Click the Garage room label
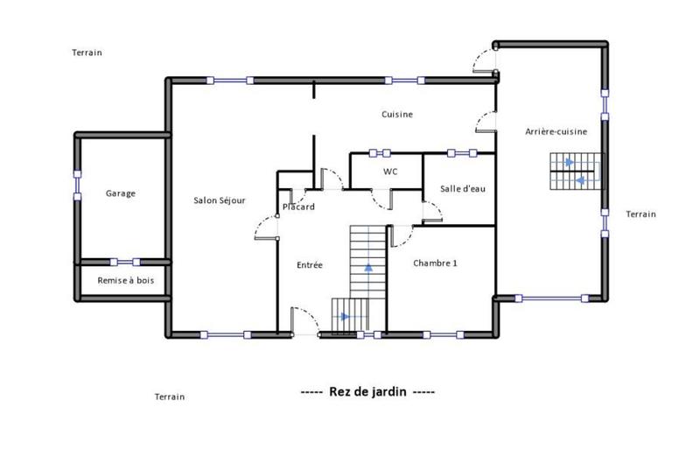click(121, 193)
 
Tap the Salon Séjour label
click(219, 200)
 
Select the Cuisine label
click(397, 115)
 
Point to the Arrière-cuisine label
click(556, 131)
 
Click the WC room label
click(390, 172)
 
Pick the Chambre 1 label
click(435, 263)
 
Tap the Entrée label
click(310, 264)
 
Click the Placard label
click(298, 207)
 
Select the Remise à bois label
click(123, 281)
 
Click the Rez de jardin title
click(367, 392)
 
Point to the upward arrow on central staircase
click(368, 267)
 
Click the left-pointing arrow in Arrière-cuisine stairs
click(581, 180)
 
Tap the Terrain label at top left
click(87, 53)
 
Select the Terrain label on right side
click(640, 214)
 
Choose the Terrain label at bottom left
click(170, 397)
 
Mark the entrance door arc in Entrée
click(304, 318)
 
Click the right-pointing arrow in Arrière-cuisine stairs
click(570, 162)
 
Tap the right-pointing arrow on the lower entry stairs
click(347, 316)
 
